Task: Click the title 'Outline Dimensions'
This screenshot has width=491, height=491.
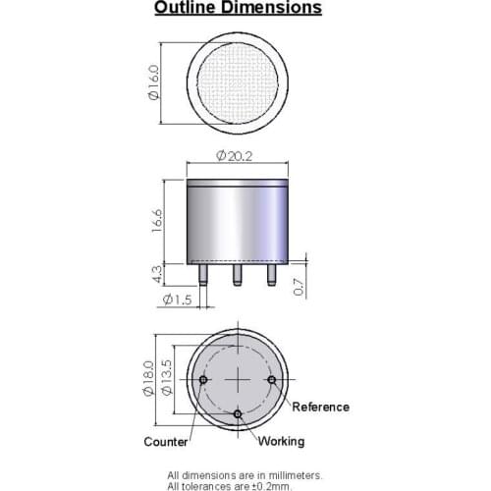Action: [238, 9]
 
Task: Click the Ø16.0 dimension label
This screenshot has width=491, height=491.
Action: [153, 82]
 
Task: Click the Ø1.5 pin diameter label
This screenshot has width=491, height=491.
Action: [177, 300]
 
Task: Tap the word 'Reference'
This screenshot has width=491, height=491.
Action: [321, 407]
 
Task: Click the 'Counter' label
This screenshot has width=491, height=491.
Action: [166, 442]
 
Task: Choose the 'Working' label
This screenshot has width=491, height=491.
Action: [281, 442]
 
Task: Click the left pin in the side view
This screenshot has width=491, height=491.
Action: [203, 273]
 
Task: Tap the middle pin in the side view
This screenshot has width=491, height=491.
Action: [238, 273]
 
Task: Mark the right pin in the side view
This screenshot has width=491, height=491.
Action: [272, 273]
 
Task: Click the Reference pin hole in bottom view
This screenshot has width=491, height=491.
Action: [272, 379]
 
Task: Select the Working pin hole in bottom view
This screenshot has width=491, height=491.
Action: [238, 413]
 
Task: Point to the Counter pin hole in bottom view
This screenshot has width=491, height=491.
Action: [203, 379]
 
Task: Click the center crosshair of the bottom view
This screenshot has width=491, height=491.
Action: [238, 379]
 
